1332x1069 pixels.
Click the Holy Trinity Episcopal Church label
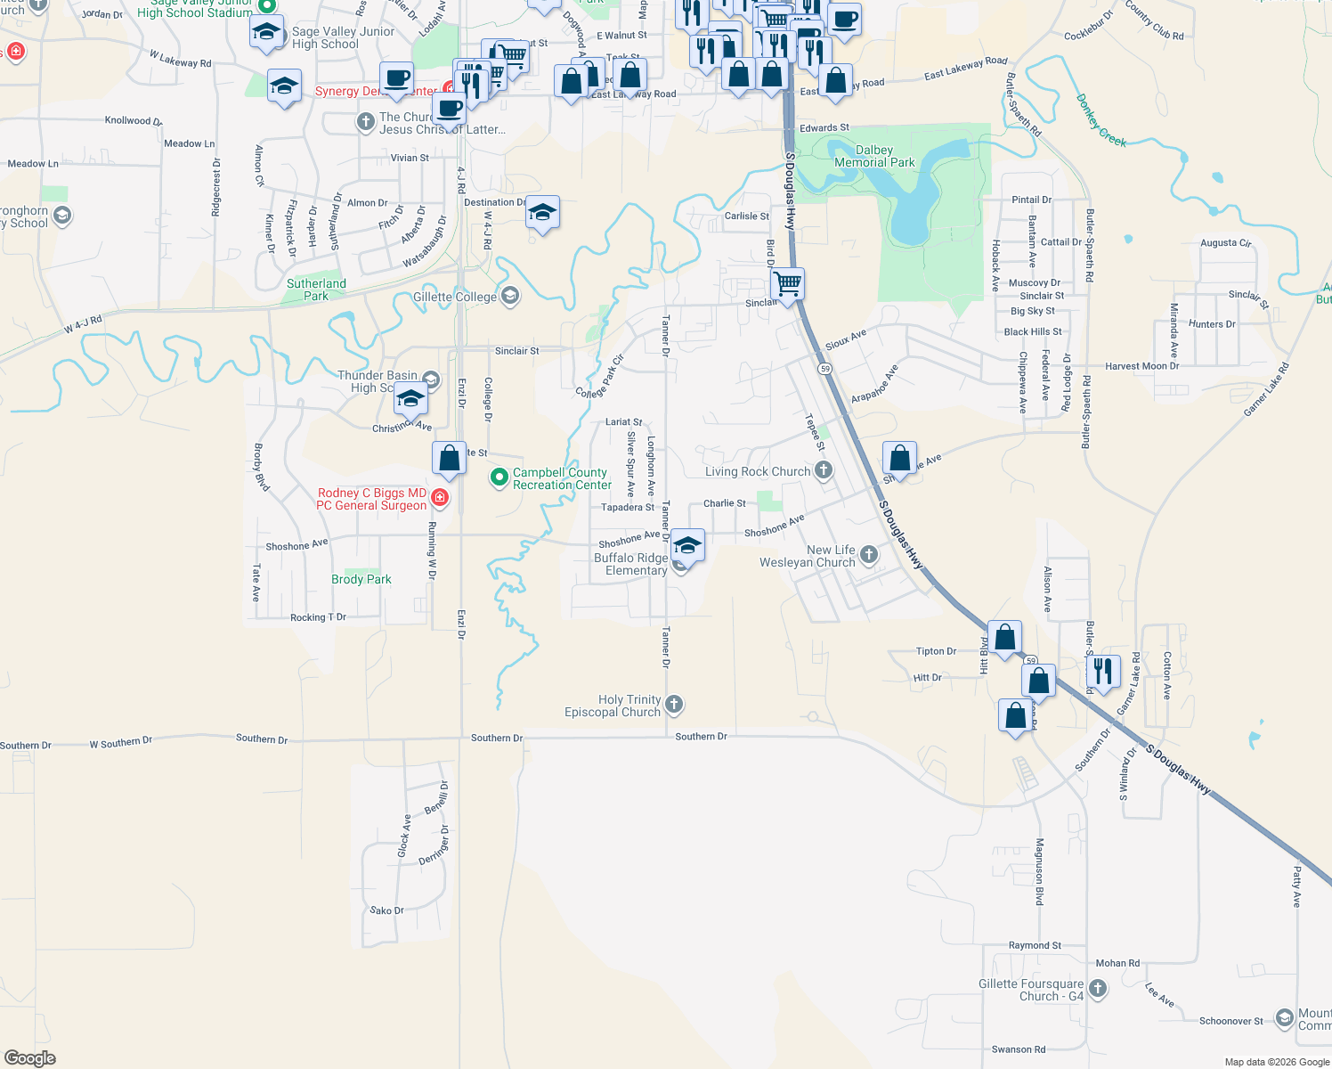(613, 706)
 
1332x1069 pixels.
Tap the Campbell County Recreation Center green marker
(499, 478)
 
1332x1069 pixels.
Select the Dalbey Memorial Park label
(874, 157)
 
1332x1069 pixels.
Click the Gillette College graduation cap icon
(510, 296)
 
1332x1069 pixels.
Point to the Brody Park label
(361, 579)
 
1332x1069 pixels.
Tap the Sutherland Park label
(316, 290)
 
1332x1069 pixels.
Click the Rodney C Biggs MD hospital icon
(439, 497)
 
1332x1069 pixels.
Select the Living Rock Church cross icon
(824, 470)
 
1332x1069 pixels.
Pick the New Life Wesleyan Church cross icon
(868, 555)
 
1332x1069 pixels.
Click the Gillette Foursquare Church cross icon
(1098, 988)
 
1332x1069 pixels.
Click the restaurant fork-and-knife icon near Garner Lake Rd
(1103, 671)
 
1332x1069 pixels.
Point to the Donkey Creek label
(1101, 121)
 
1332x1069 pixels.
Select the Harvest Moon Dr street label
(1141, 366)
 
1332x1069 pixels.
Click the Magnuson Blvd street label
(1039, 871)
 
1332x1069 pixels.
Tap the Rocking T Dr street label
(318, 617)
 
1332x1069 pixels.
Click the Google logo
(30, 1058)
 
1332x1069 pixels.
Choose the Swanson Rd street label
(1019, 1049)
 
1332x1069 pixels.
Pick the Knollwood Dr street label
(134, 120)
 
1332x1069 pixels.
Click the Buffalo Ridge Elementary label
(630, 564)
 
